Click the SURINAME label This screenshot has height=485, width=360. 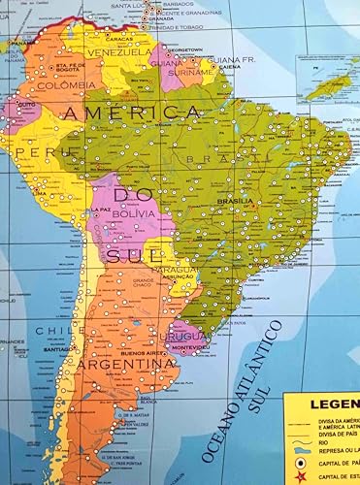pos(191,72)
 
